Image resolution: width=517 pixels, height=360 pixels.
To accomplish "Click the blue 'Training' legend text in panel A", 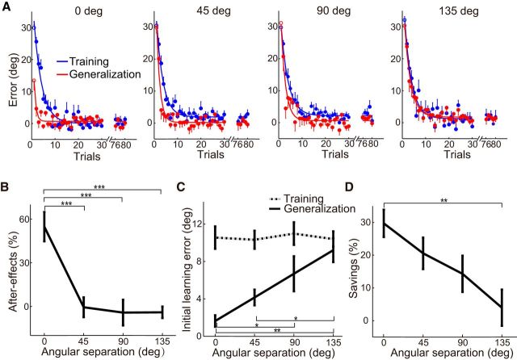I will (90, 61).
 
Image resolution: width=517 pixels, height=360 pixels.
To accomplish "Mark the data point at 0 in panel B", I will (44, 226).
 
